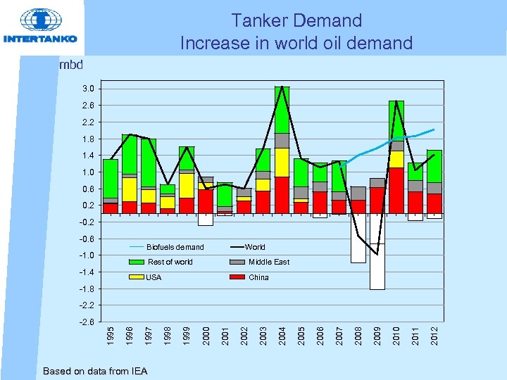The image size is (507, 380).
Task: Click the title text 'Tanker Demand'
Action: [296, 21]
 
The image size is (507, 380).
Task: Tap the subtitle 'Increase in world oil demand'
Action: [296, 44]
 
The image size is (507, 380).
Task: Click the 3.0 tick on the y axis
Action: [87, 89]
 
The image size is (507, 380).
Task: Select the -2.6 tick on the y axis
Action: [86, 322]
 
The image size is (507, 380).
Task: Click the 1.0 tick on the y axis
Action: [87, 172]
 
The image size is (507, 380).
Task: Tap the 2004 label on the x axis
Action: [282, 334]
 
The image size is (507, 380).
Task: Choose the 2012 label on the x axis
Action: [434, 334]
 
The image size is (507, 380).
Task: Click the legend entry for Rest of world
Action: [170, 262]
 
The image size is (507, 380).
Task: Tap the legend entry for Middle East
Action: [268, 262]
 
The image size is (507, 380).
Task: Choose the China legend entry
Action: [258, 277]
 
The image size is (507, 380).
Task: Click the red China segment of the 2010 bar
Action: [396, 190]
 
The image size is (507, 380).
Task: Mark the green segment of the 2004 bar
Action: [282, 110]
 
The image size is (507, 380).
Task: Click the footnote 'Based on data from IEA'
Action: [95, 371]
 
